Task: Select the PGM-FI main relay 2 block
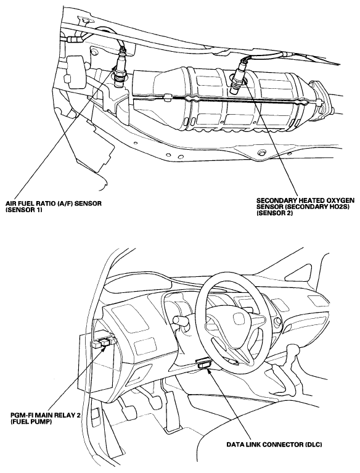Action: point(105,342)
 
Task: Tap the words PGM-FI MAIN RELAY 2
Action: point(45,416)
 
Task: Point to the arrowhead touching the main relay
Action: point(104,348)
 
